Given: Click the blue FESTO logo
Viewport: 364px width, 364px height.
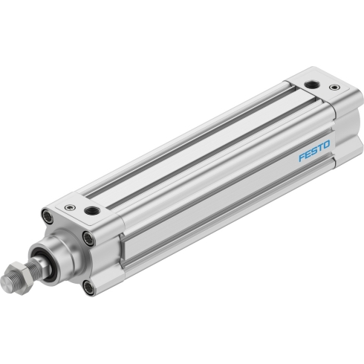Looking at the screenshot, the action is pos(314,151).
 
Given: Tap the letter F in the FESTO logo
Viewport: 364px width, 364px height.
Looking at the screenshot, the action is pos(302,157).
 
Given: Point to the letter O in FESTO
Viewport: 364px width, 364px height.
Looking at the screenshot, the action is pos(327,145).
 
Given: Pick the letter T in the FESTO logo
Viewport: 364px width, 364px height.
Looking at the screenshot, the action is pos(320,148).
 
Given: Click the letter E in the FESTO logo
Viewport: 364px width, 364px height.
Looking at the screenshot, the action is pos(308,154).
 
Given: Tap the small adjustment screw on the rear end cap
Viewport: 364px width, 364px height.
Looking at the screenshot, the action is pos(334,87).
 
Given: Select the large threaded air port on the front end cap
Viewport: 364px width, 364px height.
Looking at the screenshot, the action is pos(92,211).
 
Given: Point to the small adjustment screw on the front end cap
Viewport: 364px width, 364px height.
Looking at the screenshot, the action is pos(70,207).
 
